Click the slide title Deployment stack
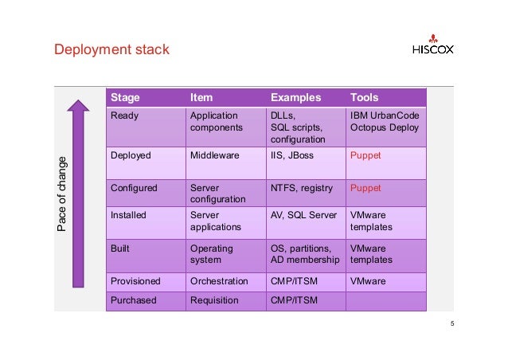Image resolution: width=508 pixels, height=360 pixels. (x=111, y=51)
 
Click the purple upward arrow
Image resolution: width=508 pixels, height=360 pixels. (x=77, y=190)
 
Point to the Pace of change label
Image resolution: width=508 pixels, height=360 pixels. (x=61, y=195)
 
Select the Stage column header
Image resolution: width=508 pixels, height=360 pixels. (x=125, y=98)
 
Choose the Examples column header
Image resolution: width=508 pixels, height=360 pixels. (x=295, y=98)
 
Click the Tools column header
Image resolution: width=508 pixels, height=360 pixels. (x=365, y=98)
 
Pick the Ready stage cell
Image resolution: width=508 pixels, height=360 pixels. (x=124, y=116)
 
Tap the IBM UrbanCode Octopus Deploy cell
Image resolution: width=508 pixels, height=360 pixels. (x=385, y=122)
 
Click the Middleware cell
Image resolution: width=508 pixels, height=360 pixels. (x=214, y=155)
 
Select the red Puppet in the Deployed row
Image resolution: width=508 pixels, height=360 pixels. (x=365, y=155)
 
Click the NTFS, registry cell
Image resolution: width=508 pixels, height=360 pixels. (x=303, y=189)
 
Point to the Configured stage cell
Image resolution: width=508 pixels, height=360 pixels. (x=134, y=189)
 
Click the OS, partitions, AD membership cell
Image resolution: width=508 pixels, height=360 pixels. (x=305, y=254)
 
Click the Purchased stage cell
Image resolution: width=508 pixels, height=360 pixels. (x=134, y=300)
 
